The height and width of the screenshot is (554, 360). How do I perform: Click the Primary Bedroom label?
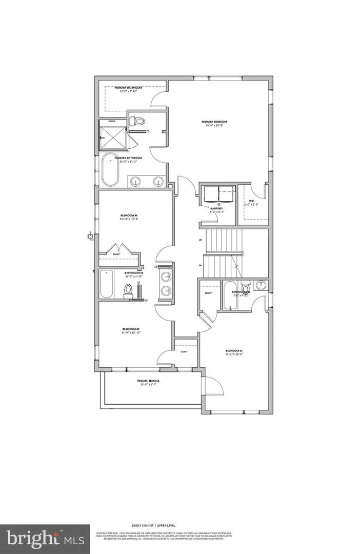coord(216,122)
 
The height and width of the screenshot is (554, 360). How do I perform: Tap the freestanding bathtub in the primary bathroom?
coord(109,170)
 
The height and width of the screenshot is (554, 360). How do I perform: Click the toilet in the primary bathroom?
coord(137,121)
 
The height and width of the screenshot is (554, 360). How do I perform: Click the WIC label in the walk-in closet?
coord(252,201)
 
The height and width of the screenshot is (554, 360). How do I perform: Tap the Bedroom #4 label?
coord(128,215)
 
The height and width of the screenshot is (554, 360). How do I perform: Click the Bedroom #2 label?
coord(234,352)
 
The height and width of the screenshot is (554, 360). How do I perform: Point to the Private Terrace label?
coord(148,381)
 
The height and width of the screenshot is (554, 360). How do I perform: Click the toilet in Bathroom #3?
coord(127,291)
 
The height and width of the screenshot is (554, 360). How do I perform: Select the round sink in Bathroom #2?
coord(261,285)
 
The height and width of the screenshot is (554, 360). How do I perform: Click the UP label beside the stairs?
coord(199,240)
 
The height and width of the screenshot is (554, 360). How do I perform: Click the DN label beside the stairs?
coord(199,265)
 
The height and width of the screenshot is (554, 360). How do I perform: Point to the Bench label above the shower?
coord(111,122)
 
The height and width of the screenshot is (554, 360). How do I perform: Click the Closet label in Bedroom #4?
coord(117,254)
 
